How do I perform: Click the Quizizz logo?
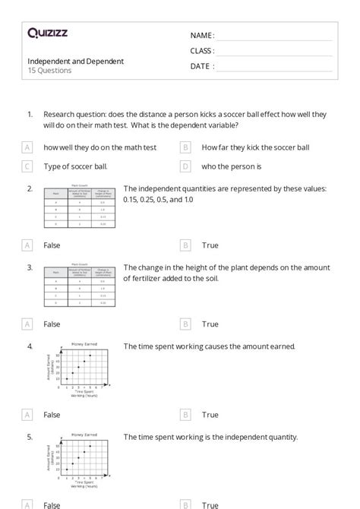click(x=48, y=33)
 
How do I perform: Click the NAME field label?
click(x=202, y=35)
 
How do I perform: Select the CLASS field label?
click(x=202, y=51)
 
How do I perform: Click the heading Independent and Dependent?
click(x=76, y=61)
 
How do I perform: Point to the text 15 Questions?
click(x=50, y=71)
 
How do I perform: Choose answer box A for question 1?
click(x=28, y=147)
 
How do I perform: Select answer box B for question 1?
click(x=185, y=147)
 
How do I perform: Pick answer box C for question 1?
click(x=28, y=166)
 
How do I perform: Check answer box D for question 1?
click(x=185, y=166)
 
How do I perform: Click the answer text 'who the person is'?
click(x=232, y=166)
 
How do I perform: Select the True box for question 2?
click(x=185, y=245)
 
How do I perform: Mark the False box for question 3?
click(x=28, y=324)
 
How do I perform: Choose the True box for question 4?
click(x=185, y=415)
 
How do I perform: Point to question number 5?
click(x=30, y=437)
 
